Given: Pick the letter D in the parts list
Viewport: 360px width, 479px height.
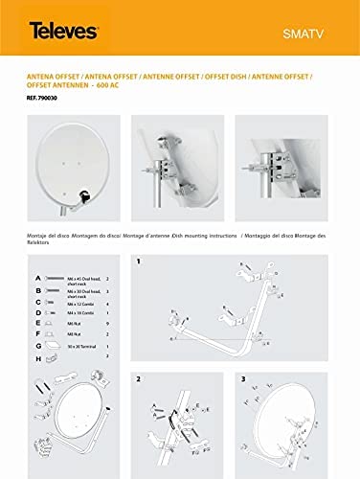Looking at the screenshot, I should tap(37, 311).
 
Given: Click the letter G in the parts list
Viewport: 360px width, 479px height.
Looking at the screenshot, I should tap(37, 345).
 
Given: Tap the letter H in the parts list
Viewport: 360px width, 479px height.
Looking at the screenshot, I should tap(37, 357).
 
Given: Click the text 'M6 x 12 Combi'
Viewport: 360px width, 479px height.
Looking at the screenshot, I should tap(78, 301).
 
